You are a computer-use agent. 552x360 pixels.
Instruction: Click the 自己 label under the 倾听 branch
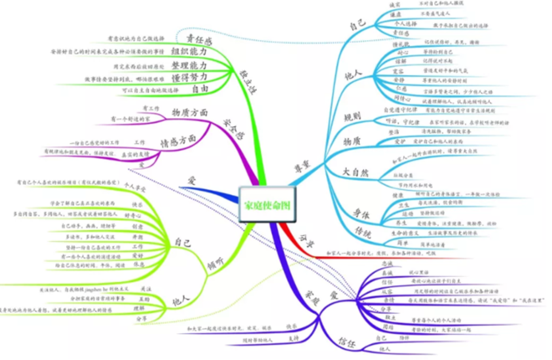click(x=182, y=239)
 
